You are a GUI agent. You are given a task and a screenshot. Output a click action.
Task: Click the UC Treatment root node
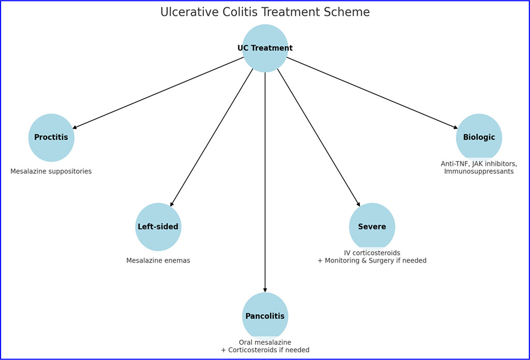(x=265, y=48)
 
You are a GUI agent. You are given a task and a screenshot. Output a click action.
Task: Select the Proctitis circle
(x=51, y=138)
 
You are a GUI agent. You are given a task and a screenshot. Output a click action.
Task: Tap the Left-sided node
(x=158, y=227)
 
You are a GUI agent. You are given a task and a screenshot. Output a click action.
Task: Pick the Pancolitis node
(x=265, y=316)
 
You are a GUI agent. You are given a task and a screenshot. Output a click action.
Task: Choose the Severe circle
(x=372, y=227)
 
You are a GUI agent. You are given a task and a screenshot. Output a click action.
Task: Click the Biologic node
(x=479, y=137)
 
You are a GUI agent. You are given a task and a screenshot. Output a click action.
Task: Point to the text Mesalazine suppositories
(x=51, y=171)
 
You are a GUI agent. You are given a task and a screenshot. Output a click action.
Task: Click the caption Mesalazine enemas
(x=158, y=261)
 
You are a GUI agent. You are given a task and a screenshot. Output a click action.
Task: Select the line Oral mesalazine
(x=265, y=342)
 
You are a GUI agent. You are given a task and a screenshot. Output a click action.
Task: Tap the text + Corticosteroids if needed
(x=265, y=350)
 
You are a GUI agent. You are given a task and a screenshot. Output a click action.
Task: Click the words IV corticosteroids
(x=372, y=253)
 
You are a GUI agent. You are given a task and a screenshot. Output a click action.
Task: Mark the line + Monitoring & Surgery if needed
(x=372, y=261)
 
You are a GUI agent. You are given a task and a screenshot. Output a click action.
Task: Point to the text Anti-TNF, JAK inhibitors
(x=479, y=164)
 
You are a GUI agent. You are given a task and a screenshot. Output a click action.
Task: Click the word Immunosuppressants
(x=479, y=171)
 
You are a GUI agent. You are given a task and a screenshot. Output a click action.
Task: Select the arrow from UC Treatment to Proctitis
(x=158, y=93)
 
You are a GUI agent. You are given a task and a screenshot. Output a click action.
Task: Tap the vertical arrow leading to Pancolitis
(x=265, y=181)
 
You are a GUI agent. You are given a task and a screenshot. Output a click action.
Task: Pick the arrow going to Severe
(x=318, y=138)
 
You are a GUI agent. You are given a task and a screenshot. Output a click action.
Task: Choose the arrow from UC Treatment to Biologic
(x=372, y=93)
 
